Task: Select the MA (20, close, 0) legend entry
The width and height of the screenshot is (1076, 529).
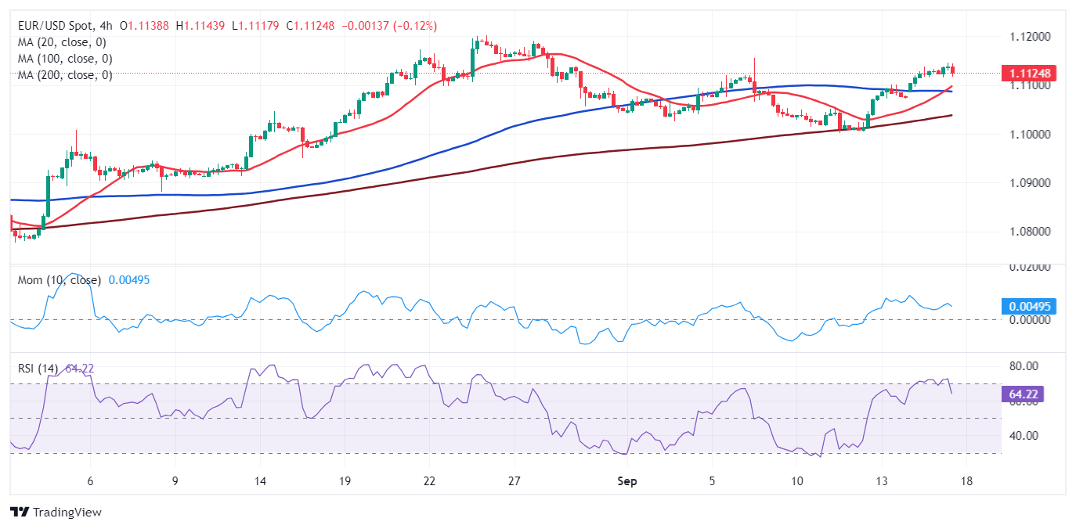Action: (62, 42)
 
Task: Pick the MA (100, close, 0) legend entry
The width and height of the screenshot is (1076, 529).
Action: (65, 59)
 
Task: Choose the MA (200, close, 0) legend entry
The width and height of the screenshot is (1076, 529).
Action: (65, 75)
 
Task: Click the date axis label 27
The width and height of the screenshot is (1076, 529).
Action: (514, 481)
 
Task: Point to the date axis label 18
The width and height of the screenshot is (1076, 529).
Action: (966, 481)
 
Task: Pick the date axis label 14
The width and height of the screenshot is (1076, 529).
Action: (260, 481)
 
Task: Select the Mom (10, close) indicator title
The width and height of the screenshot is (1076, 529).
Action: (60, 280)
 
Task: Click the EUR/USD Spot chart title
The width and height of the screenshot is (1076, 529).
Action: (60, 26)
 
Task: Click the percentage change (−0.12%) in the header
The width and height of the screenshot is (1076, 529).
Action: (412, 26)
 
